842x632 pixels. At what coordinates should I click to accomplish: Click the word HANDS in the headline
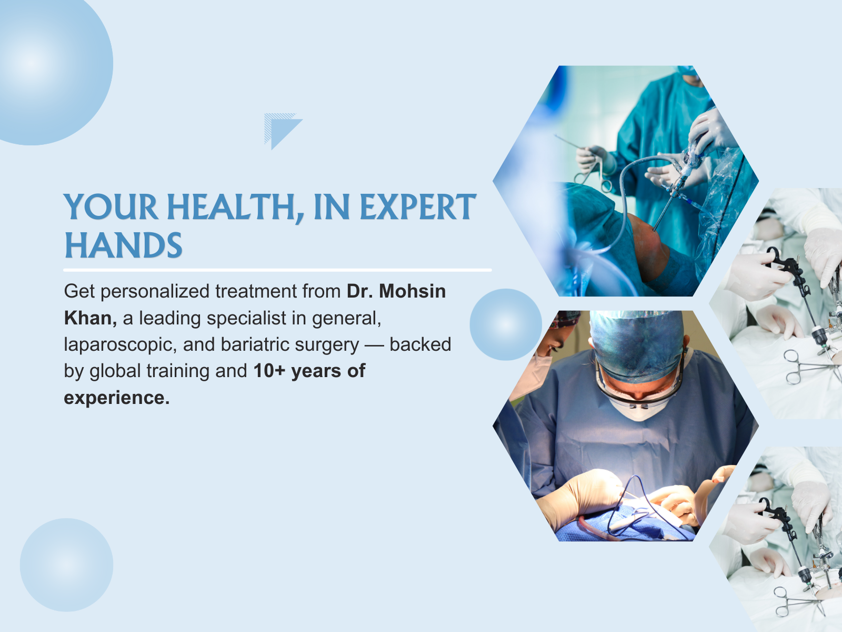coord(124,245)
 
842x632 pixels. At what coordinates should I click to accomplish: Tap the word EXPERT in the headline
coord(418,206)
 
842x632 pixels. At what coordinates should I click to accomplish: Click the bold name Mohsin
coord(413,291)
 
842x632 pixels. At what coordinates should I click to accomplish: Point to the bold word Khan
coord(91,318)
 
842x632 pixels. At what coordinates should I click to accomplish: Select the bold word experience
coord(117,398)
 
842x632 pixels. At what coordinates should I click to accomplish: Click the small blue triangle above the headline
coord(283,131)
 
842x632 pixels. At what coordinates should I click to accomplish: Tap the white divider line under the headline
coord(277,270)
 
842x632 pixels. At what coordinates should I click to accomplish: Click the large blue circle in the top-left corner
coord(46,65)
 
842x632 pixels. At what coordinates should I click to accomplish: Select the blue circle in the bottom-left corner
coord(67,565)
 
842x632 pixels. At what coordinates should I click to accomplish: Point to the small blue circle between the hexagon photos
coord(506,324)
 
